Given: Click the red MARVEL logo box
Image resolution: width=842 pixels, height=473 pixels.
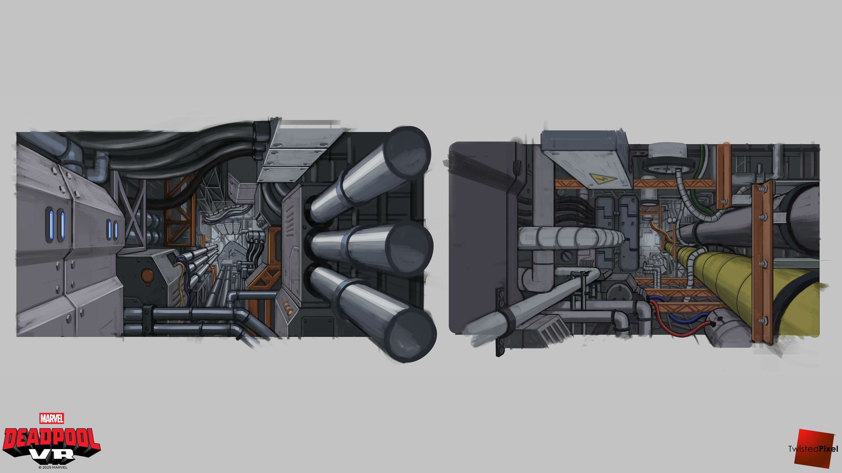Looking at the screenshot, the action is (52, 418).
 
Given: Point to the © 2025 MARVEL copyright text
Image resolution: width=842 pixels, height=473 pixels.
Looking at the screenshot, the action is (53, 467).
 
